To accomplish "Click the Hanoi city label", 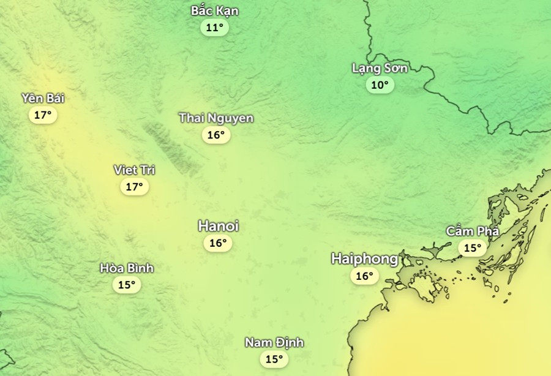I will tap(219, 227).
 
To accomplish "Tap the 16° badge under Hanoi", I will tap(218, 243).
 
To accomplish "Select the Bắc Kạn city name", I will tap(215, 11).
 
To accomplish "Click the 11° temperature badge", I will tap(214, 28).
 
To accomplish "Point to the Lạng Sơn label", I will tap(380, 68).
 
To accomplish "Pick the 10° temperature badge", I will tap(380, 85).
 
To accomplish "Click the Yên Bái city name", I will tap(43, 99).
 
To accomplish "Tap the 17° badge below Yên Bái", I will tap(42, 115).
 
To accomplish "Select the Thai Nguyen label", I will tap(216, 118).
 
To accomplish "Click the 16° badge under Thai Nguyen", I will tap(216, 135).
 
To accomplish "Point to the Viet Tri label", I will tap(134, 170).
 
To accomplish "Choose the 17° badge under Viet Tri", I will tap(134, 187).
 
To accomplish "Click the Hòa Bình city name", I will tap(127, 268).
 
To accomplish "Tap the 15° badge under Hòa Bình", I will tap(127, 285).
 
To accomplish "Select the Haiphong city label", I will tap(364, 259).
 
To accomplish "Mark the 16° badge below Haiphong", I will tap(364, 276).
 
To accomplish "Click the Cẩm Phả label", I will tap(473, 231).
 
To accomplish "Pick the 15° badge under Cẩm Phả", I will tap(472, 248).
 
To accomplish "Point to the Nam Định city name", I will tap(274, 343).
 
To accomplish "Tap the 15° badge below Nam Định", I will tap(274, 359).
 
